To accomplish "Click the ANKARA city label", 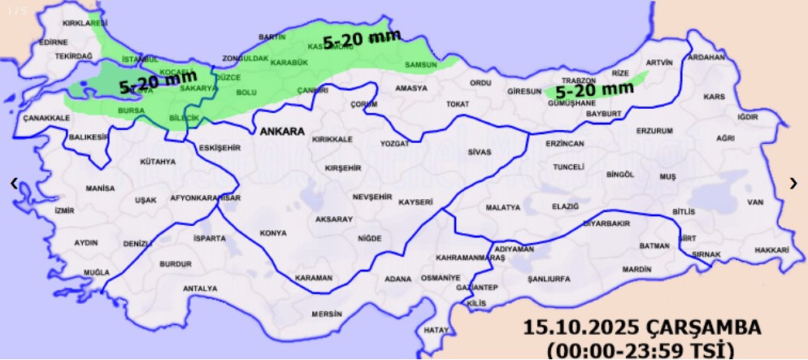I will [x=282, y=132].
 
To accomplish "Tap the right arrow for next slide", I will [x=793, y=184].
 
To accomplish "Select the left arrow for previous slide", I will [x=14, y=184].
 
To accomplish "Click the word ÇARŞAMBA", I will [x=705, y=328].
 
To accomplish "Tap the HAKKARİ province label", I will [x=771, y=250].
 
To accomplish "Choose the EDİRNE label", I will [x=54, y=41].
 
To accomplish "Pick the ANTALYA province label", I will [x=200, y=288].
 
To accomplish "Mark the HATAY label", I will [x=437, y=330].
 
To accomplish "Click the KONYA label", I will [x=273, y=233].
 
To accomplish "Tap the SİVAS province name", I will [x=480, y=152].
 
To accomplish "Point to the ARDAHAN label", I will [x=706, y=58].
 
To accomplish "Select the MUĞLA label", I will [x=96, y=272].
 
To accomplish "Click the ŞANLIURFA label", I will [x=549, y=279].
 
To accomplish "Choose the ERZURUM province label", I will [x=654, y=131].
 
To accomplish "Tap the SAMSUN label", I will [x=421, y=65].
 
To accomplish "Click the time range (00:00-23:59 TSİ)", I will [x=641, y=350].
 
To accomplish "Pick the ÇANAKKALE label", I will [x=46, y=118].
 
